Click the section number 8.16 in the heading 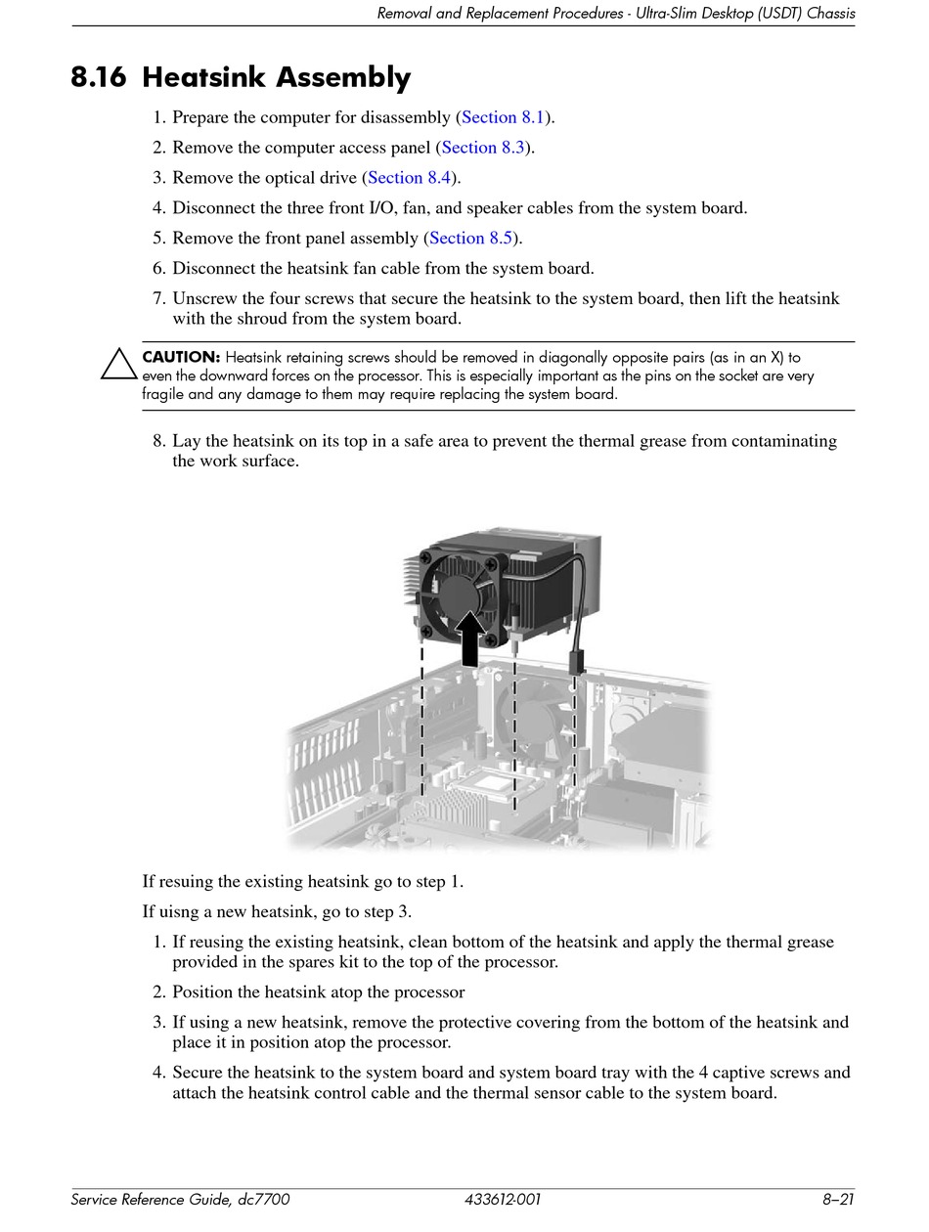[x=98, y=78]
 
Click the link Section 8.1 [x=503, y=117]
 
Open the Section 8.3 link [x=483, y=148]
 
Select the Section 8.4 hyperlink [x=409, y=178]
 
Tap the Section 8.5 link [x=470, y=239]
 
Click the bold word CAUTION [x=181, y=358]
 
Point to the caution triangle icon [x=119, y=364]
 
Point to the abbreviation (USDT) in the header [x=772, y=14]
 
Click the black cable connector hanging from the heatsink [x=576, y=663]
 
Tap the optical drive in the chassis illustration [x=655, y=724]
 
